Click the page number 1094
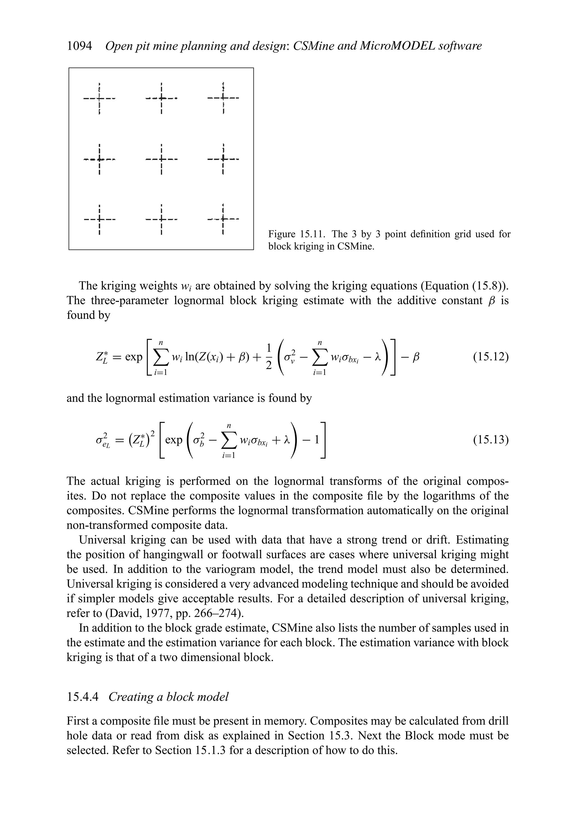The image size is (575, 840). pyautogui.click(x=79, y=46)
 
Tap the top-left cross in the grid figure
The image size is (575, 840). pyautogui.click(x=99, y=98)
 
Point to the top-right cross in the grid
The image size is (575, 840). pyautogui.click(x=223, y=98)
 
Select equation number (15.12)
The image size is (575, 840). pyautogui.click(x=491, y=357)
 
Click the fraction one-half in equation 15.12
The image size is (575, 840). pyautogui.click(x=269, y=357)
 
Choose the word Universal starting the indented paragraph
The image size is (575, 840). pyautogui.click(x=103, y=540)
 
